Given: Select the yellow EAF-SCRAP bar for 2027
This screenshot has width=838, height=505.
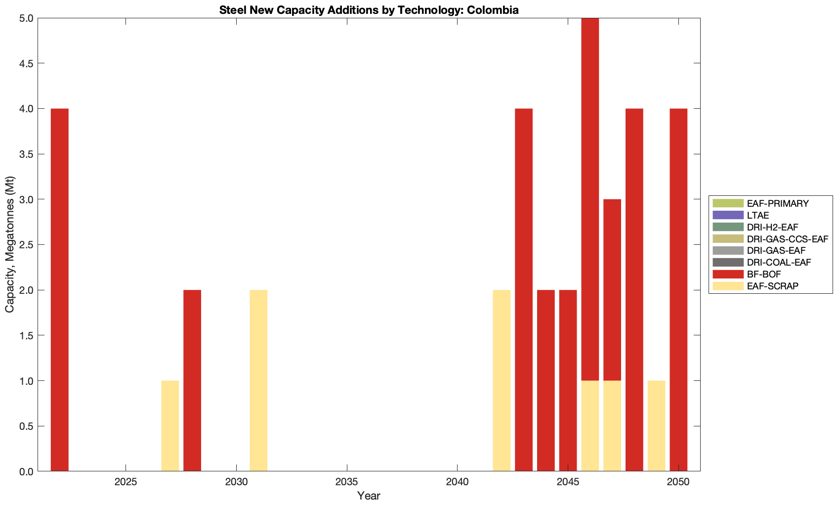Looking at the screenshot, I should pyautogui.click(x=170, y=426).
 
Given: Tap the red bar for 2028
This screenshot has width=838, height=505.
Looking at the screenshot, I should pyautogui.click(x=192, y=380).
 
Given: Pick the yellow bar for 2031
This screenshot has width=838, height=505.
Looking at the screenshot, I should pyautogui.click(x=258, y=380).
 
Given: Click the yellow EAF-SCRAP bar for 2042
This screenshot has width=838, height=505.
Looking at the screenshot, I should pyautogui.click(x=502, y=380).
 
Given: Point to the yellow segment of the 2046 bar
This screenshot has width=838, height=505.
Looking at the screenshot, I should pyautogui.click(x=590, y=426).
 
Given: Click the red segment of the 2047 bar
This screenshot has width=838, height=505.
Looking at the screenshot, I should pyautogui.click(x=612, y=289).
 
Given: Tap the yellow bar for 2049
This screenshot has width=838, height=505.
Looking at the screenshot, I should pyautogui.click(x=656, y=426).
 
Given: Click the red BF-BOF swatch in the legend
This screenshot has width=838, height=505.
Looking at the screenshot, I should pyautogui.click(x=727, y=274).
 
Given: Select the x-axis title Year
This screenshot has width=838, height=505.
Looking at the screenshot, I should pyautogui.click(x=369, y=496).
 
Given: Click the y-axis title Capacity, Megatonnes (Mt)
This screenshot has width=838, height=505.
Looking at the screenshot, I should pyautogui.click(x=10, y=244).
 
